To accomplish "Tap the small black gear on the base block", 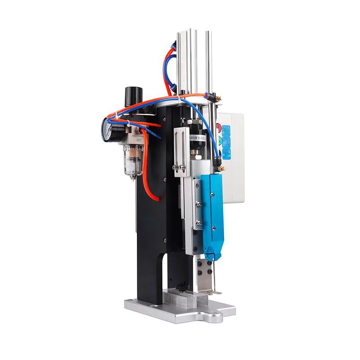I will [x=182, y=287].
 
